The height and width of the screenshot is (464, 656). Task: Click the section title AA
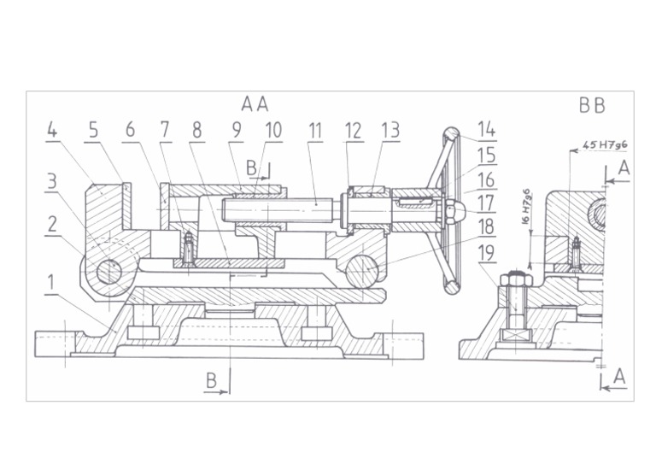pyautogui.click(x=255, y=104)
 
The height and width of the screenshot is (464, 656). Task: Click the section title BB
pyautogui.click(x=591, y=105)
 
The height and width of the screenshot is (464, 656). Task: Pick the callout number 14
pyautogui.click(x=487, y=131)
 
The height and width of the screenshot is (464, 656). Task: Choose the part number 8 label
pyautogui.click(x=197, y=131)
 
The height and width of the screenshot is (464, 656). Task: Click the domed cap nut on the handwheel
pyautogui.click(x=455, y=207)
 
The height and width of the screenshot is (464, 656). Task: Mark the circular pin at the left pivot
pyautogui.click(x=108, y=271)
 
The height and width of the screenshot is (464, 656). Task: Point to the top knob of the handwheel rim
pyautogui.click(x=452, y=134)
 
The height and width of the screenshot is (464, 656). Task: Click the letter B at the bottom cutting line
pyautogui.click(x=211, y=380)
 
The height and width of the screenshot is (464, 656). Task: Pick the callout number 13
pyautogui.click(x=390, y=131)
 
